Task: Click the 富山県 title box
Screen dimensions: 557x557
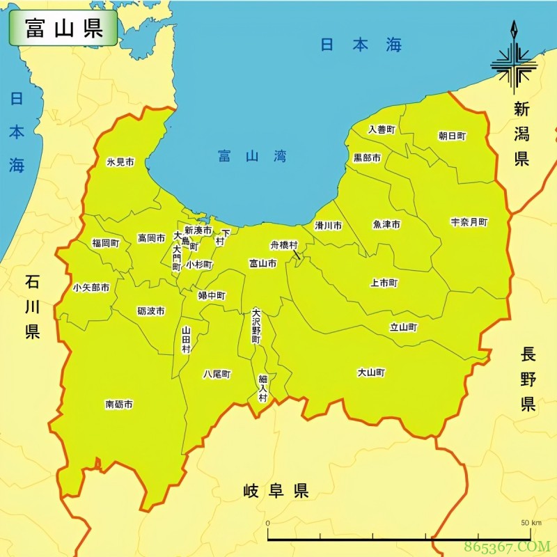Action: point(63,28)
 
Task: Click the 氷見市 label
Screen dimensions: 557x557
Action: point(120,162)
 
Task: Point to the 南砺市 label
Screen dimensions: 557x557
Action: point(119,404)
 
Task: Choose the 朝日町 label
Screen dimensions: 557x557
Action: point(452,136)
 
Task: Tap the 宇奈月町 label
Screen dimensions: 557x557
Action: point(469,222)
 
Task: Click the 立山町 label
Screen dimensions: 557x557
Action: point(403,327)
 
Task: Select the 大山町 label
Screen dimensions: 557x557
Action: point(371,372)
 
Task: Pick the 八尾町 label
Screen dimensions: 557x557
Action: point(217,374)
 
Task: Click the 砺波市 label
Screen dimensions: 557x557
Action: point(151,311)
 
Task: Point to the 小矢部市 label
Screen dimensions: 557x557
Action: point(91,288)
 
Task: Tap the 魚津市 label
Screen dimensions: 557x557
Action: point(386,224)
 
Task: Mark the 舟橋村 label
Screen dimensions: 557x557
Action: point(284,245)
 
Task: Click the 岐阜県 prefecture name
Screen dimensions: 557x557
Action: point(276,491)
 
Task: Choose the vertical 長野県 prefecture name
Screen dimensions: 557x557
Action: point(528,379)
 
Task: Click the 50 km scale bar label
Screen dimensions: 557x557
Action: point(531,522)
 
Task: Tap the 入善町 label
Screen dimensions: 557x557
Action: point(382,130)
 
